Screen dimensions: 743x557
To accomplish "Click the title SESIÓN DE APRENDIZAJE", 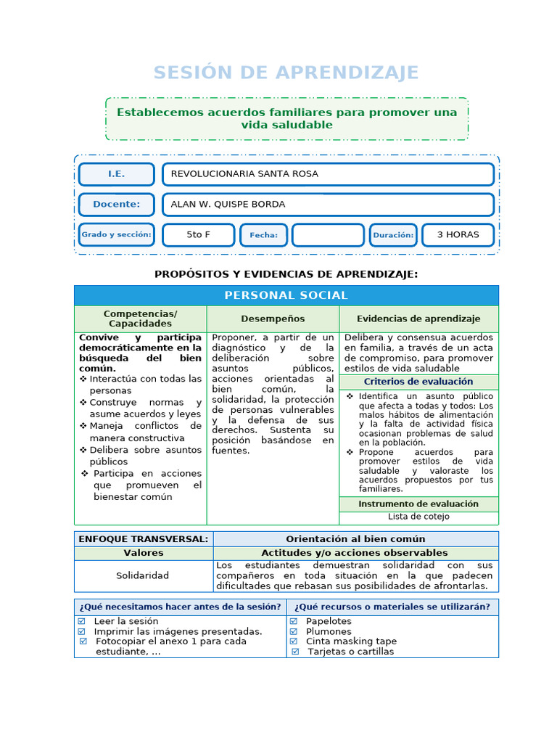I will pyautogui.click(x=286, y=73).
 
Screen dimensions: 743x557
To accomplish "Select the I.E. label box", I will pyautogui.click(x=116, y=174).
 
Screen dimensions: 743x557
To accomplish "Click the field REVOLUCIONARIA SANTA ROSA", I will pyautogui.click(x=328, y=174).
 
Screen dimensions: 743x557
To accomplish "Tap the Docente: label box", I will pyautogui.click(x=116, y=205).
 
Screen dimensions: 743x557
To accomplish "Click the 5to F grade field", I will pyautogui.click(x=198, y=235).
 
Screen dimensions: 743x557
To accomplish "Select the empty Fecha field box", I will pyautogui.click(x=328, y=235).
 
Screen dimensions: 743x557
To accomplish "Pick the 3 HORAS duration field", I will pyautogui.click(x=458, y=235).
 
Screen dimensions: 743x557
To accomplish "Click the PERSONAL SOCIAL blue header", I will pyautogui.click(x=286, y=295).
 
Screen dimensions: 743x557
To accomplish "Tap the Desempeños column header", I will pyautogui.click(x=273, y=319).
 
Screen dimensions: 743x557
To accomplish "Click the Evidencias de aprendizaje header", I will pyautogui.click(x=418, y=319).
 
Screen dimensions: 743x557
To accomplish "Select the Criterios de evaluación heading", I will pyautogui.click(x=418, y=382).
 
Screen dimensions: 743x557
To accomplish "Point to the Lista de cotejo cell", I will pyautogui.click(x=418, y=517).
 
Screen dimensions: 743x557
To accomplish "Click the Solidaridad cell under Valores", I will pyautogui.click(x=143, y=575).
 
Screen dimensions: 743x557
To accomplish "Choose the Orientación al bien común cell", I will pyautogui.click(x=355, y=538).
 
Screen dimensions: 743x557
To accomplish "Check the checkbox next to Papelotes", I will pyautogui.click(x=294, y=621).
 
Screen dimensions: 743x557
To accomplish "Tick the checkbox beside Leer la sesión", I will pyautogui.click(x=81, y=621).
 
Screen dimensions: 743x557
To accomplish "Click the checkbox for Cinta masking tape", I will pyautogui.click(x=294, y=641).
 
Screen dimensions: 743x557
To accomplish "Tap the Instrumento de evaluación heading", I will pyautogui.click(x=418, y=504).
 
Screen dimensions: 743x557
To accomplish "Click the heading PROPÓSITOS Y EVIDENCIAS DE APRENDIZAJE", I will pyautogui.click(x=286, y=274).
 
